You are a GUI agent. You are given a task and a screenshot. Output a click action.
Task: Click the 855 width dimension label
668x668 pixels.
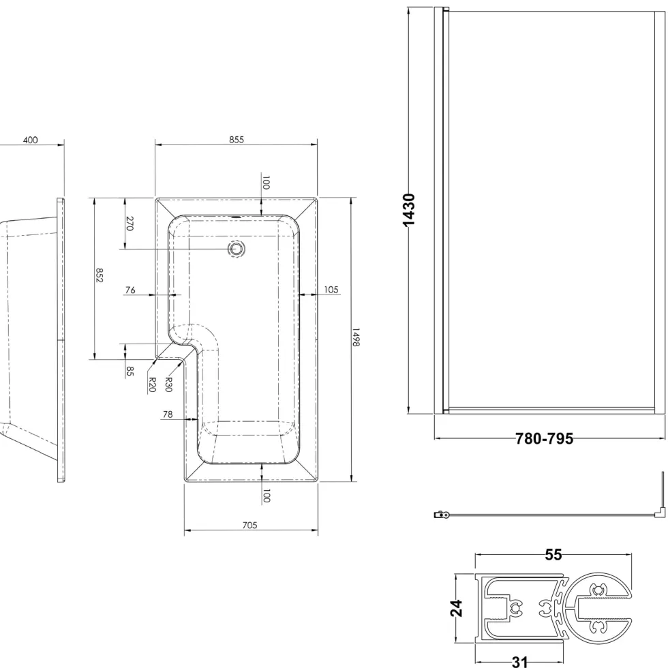tap(237, 139)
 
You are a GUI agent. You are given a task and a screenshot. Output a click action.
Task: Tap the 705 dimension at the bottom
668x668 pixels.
tap(249, 525)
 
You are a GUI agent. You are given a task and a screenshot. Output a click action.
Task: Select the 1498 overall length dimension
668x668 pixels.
tap(356, 337)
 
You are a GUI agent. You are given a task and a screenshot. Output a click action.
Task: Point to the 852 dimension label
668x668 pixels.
tap(100, 275)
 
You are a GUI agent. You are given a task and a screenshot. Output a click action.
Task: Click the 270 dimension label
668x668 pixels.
tap(130, 224)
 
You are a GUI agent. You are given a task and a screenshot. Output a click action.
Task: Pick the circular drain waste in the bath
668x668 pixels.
tap(236, 248)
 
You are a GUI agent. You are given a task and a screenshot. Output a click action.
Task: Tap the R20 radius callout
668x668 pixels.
tap(152, 384)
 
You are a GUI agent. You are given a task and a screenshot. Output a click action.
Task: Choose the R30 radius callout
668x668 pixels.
tap(168, 384)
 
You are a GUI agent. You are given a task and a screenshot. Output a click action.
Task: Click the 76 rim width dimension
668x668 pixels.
tap(130, 290)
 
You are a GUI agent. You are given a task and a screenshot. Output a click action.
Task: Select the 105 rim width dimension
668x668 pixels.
tap(331, 290)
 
